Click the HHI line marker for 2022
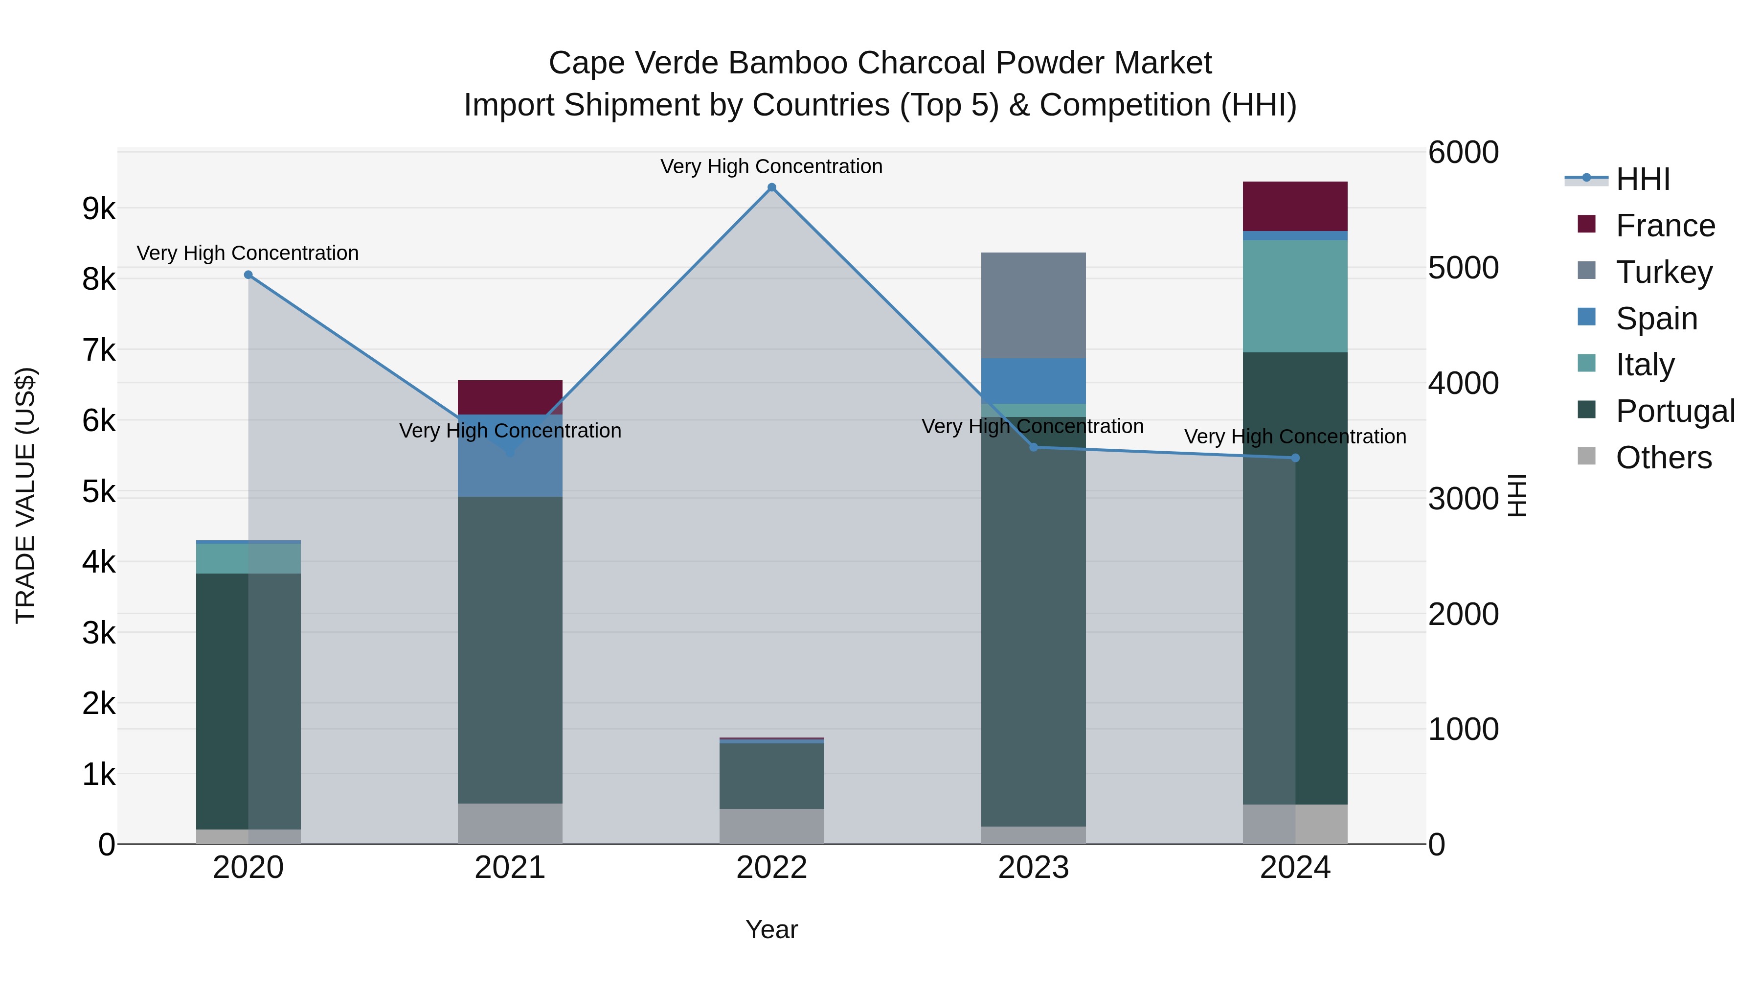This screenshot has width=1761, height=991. [772, 187]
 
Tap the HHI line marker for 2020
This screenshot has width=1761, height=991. [248, 275]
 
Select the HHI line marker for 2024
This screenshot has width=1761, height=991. [1295, 458]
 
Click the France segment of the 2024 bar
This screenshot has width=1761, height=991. [1295, 206]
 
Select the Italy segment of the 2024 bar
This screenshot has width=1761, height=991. [1295, 296]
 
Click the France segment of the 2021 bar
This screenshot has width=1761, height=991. [510, 397]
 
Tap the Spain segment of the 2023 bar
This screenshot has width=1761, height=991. [1033, 381]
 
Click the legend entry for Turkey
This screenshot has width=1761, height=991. [1664, 272]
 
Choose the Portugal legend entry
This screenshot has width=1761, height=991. [1675, 411]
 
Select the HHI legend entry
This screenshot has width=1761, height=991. [1643, 179]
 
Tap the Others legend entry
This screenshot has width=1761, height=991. [1663, 458]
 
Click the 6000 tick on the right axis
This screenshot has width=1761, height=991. [1463, 153]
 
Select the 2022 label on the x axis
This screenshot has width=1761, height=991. [772, 868]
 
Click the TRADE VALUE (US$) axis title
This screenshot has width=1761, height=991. [26, 495]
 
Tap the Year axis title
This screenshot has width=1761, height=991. [772, 929]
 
